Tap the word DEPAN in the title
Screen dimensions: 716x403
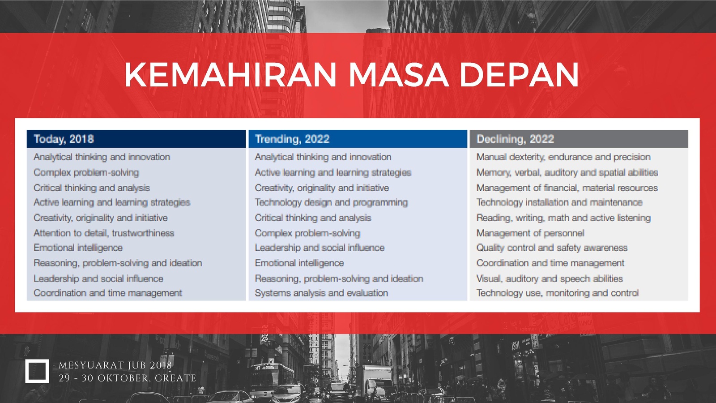[519, 74]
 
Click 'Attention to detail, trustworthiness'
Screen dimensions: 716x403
[104, 233]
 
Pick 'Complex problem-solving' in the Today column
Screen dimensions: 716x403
[86, 172]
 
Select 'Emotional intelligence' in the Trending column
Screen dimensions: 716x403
[299, 263]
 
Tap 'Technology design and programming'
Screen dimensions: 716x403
[331, 202]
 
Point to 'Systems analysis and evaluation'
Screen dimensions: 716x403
[321, 293]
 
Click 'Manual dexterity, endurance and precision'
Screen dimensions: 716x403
[563, 157]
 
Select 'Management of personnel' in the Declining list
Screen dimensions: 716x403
[530, 233]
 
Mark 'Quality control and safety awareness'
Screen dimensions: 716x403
[552, 248]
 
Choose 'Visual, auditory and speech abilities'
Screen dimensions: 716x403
[550, 278]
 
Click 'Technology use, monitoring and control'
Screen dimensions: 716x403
[558, 293]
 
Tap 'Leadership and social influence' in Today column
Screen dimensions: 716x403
[98, 278]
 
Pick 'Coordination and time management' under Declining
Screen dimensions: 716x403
[550, 263]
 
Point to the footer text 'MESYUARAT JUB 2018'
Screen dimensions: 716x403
[115, 365]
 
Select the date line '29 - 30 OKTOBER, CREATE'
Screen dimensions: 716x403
[127, 378]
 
